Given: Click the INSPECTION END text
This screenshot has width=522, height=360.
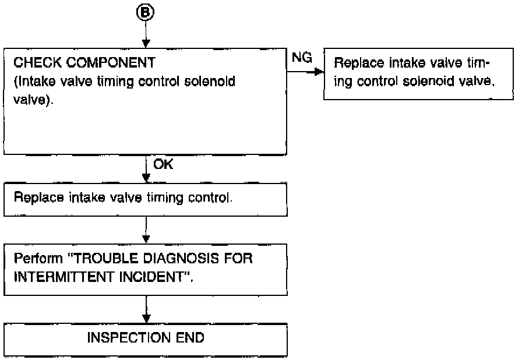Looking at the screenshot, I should (146, 338).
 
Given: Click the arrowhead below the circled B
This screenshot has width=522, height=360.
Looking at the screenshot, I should (146, 44).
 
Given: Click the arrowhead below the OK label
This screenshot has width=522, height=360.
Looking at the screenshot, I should (146, 179).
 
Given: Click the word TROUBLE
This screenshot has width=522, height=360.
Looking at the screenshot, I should (105, 257).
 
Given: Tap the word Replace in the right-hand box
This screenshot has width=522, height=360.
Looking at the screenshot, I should (357, 62).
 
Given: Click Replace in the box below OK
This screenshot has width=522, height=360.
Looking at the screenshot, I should (34, 197).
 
